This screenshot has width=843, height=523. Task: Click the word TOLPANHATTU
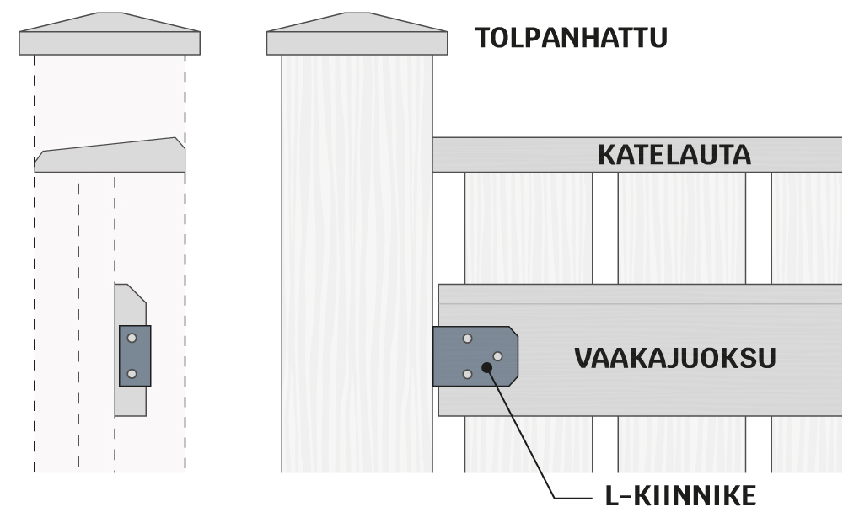pyautogui.click(x=571, y=38)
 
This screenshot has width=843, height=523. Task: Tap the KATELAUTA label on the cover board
pyautogui.click(x=674, y=156)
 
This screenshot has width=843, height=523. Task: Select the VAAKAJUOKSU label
pyautogui.click(x=674, y=357)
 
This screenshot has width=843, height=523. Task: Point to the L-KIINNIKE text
pyautogui.click(x=680, y=496)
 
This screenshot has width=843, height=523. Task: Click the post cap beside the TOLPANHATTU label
pyautogui.click(x=357, y=38)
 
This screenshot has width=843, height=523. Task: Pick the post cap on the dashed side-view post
pyautogui.click(x=110, y=38)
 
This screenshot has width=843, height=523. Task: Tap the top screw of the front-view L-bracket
pyautogui.click(x=467, y=339)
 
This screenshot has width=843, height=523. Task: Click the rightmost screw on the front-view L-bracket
pyautogui.click(x=497, y=356)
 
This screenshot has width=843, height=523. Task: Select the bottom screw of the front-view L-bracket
pyautogui.click(x=467, y=374)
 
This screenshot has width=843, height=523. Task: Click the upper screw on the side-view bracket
pyautogui.click(x=132, y=339)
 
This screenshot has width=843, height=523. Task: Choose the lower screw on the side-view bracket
pyautogui.click(x=132, y=373)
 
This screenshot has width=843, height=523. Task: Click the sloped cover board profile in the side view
pyautogui.click(x=110, y=157)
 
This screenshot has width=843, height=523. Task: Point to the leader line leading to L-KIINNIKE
pyautogui.click(x=527, y=438)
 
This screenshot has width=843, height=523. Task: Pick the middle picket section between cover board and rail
pyautogui.click(x=681, y=227)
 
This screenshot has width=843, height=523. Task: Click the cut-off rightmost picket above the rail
pyautogui.click(x=807, y=227)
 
